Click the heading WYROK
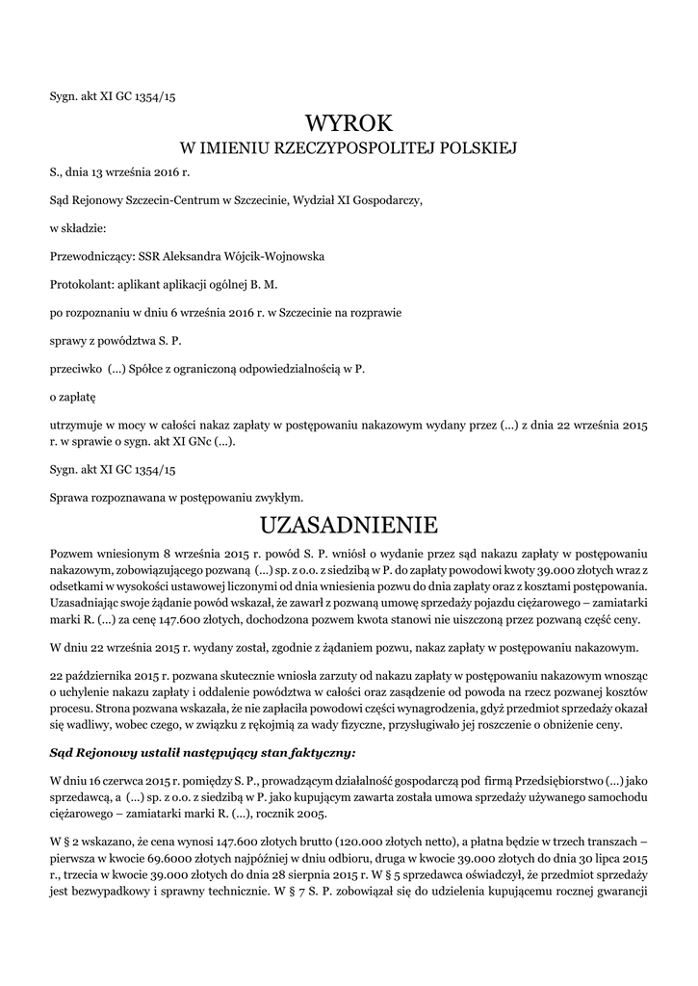(x=349, y=122)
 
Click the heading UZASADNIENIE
(x=349, y=525)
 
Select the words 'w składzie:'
(x=78, y=229)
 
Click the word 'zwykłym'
(x=279, y=498)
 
